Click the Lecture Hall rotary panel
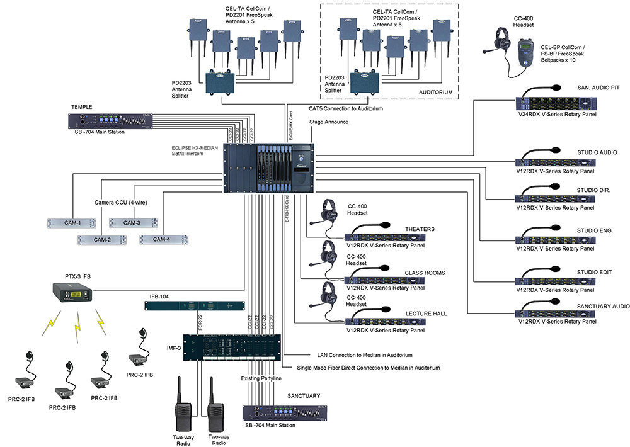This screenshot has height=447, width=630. pos(386,322)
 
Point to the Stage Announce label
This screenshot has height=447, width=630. pos(328,122)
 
